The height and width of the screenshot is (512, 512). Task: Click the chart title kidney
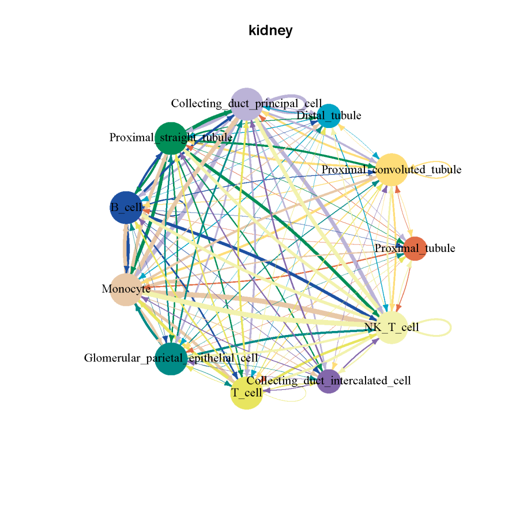coord(270,31)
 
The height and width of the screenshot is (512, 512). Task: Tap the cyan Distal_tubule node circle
coord(329,115)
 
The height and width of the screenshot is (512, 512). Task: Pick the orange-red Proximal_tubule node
coord(414,248)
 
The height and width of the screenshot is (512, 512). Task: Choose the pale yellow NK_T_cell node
coord(392,327)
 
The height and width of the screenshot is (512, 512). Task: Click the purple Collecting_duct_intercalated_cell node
coord(329,381)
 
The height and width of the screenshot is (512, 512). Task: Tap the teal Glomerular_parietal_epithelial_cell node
coord(170,358)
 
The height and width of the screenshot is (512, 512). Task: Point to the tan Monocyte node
coord(125,289)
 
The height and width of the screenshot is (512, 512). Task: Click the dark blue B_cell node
coord(125,207)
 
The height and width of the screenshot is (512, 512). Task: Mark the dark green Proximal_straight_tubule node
coord(170,138)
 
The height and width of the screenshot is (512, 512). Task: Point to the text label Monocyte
coord(126,288)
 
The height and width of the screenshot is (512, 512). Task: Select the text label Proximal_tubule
coord(415,248)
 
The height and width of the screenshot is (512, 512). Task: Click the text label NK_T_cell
coord(392,327)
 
